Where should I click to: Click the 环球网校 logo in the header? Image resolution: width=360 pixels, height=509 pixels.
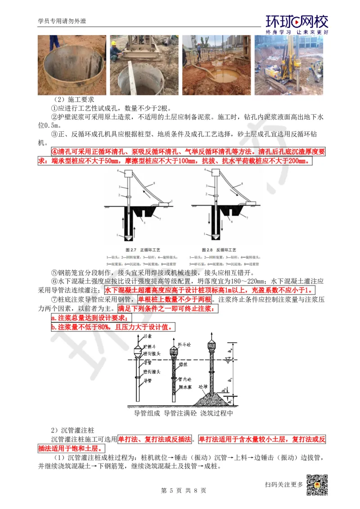pyautogui.click(x=297, y=22)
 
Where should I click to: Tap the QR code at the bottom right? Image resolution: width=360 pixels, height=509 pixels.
pyautogui.click(x=317, y=485)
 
